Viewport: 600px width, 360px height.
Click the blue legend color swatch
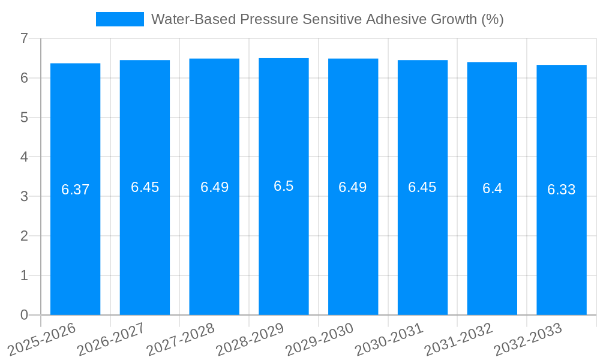tap(120, 19)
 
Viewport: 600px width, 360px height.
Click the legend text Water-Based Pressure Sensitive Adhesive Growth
tap(327, 19)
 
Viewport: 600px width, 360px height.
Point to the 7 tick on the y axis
tap(24, 39)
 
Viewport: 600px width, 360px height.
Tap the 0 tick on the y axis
tap(24, 315)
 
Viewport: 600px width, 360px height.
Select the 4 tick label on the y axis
tap(24, 157)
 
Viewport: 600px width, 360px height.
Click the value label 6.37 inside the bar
tap(75, 190)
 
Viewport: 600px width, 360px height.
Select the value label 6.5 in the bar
tap(284, 186)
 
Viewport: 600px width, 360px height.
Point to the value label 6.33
tap(561, 190)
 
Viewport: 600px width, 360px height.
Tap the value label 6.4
tap(492, 188)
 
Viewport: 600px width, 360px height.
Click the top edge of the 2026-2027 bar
tap(145, 61)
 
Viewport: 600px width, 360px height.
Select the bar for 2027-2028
tap(214, 240)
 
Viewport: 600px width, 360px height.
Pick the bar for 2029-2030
tap(353, 240)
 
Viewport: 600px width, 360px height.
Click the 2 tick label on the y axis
tap(24, 236)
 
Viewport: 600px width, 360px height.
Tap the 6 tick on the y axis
tap(24, 78)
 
